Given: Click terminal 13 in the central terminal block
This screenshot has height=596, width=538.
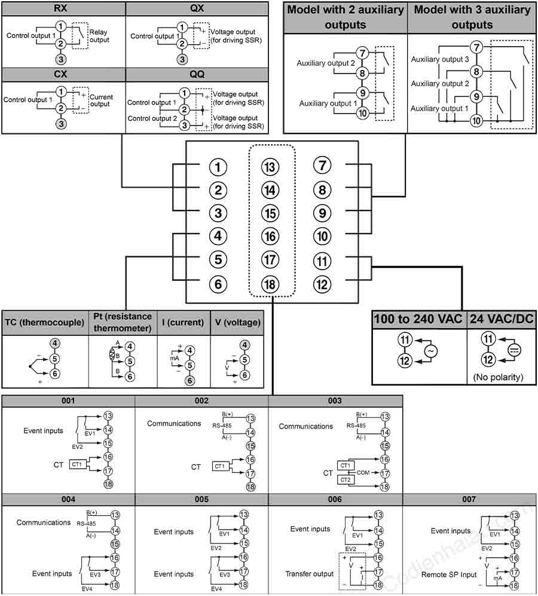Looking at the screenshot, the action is (x=270, y=166).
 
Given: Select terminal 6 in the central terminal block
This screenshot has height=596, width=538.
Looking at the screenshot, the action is (x=218, y=284).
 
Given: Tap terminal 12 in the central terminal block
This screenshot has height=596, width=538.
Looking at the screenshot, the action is (x=322, y=285).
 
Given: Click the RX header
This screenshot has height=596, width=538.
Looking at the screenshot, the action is (x=60, y=8).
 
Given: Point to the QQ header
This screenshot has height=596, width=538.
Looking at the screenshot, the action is (x=197, y=74).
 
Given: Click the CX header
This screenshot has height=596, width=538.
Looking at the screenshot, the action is (x=60, y=74).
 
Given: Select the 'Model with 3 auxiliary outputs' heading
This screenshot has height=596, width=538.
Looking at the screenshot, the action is (x=472, y=17).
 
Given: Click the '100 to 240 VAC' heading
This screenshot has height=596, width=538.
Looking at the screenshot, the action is (x=418, y=319).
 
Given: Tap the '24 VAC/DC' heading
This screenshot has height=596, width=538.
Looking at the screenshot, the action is (x=502, y=319).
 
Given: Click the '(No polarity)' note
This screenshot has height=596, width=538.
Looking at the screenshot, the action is (x=498, y=377).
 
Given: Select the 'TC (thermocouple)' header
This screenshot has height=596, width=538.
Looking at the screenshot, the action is (x=44, y=322).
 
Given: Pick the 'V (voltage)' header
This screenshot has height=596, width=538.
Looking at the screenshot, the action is (x=238, y=322).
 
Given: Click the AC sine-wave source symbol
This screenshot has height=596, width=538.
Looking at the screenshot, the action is (x=430, y=351).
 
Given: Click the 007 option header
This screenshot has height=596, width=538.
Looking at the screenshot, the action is (x=469, y=499).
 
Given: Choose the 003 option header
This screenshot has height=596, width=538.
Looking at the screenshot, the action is (x=335, y=401).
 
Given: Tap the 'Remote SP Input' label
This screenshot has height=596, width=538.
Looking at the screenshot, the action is (x=449, y=574).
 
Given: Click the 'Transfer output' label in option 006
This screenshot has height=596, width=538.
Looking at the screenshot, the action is (x=310, y=573).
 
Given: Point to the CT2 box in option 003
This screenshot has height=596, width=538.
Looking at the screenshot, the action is (x=346, y=479).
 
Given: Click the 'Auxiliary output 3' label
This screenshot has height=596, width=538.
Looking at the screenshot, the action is (x=440, y=59).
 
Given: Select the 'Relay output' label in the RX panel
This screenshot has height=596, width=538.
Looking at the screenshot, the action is (x=99, y=36).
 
